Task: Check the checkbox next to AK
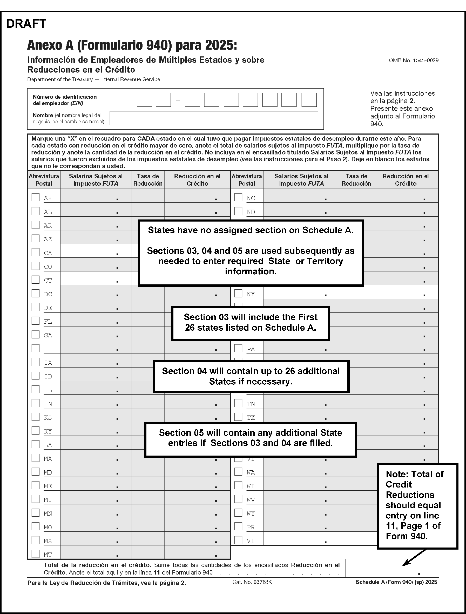(x=36, y=197)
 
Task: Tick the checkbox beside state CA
(x=36, y=252)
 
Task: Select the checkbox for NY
(x=238, y=293)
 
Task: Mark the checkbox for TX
(x=238, y=417)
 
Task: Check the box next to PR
(x=238, y=526)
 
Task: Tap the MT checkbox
(x=36, y=554)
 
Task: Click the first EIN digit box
(x=145, y=100)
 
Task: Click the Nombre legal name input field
(x=214, y=118)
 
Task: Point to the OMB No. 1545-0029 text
(x=414, y=61)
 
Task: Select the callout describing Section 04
(x=251, y=376)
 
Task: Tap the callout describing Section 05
(x=251, y=438)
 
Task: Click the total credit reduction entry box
(x=392, y=568)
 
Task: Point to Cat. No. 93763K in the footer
(x=252, y=582)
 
